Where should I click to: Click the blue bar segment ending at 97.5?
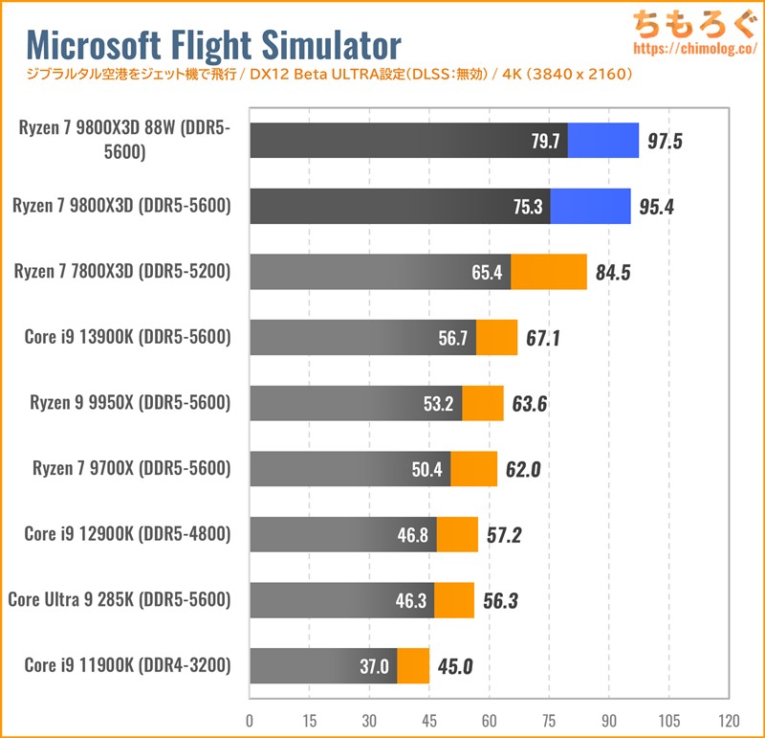602,141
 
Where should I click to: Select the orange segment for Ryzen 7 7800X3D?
548,272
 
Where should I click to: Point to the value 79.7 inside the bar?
545,141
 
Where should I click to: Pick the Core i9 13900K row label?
127,337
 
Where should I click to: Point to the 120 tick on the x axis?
729,720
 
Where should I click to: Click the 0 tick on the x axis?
250,720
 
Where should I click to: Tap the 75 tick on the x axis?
549,720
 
